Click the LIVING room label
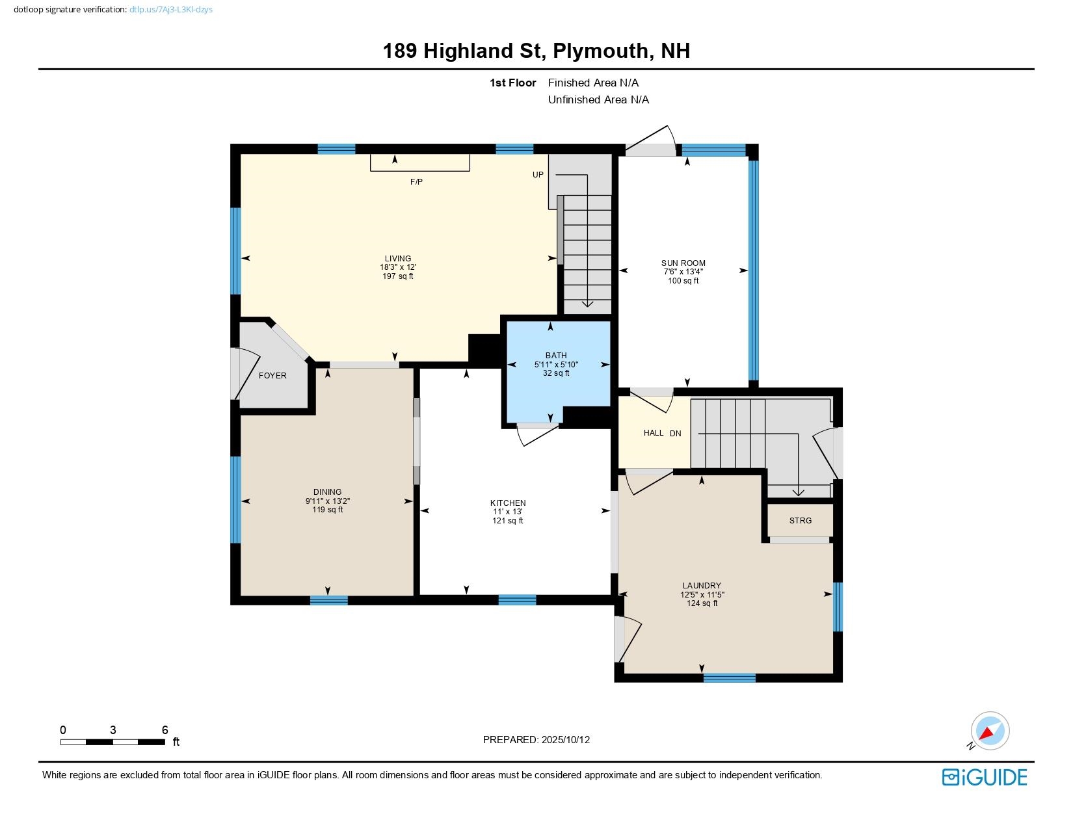[397, 258]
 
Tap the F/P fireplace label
[416, 182]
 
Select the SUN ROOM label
[683, 263]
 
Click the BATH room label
[555, 356]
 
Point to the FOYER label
[272, 376]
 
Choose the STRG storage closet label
[800, 521]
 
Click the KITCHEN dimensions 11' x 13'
[507, 512]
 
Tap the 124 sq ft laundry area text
[702, 603]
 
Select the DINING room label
[327, 492]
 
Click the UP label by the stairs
[538, 175]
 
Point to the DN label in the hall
[676, 434]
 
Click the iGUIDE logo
[985, 777]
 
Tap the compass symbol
[989, 731]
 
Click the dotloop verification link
[171, 10]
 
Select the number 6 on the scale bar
[165, 730]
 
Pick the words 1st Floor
[512, 83]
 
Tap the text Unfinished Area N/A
[598, 99]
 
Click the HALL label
[654, 433]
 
